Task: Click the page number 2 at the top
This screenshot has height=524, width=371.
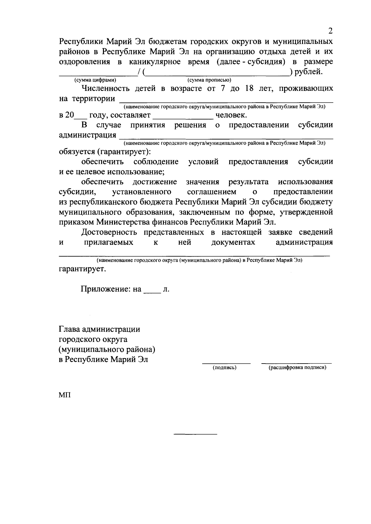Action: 330,31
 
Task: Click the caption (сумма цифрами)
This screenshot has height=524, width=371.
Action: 95,80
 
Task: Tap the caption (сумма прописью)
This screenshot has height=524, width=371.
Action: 210,80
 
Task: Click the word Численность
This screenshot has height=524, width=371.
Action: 105,89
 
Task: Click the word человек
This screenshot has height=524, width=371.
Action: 231,116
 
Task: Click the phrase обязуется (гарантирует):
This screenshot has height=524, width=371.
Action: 105,152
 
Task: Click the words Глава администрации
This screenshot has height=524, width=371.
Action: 99,329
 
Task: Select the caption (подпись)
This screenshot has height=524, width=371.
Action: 225,368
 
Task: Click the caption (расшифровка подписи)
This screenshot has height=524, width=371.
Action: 297,368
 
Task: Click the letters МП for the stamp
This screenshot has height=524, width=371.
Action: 65,395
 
